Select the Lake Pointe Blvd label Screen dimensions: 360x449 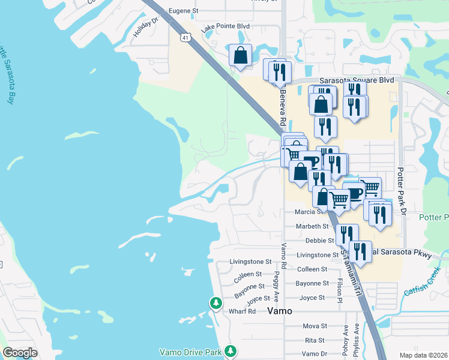(225, 28)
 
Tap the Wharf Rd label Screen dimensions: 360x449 (243, 312)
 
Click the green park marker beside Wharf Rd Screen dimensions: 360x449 (215, 304)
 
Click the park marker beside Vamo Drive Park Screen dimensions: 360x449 (230, 351)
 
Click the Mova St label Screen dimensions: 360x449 (315, 326)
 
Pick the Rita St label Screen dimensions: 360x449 (315, 340)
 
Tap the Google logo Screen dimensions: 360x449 (20, 353)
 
